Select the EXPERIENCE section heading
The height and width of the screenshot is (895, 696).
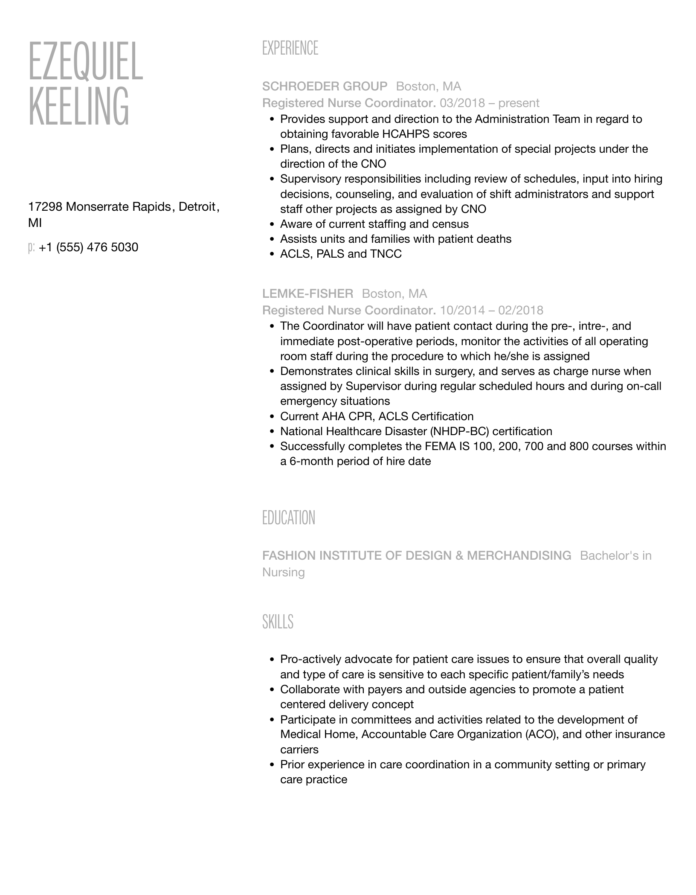(290, 48)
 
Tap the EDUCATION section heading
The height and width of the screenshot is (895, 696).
(289, 518)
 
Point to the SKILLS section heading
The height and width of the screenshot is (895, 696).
(278, 622)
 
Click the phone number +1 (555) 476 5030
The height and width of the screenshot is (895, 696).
(88, 247)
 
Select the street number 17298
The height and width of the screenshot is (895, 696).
(45, 207)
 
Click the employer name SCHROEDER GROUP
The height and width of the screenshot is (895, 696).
(325, 87)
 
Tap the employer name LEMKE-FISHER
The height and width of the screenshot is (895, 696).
(307, 293)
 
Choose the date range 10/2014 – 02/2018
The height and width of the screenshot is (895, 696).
(491, 310)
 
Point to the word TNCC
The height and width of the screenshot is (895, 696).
(386, 254)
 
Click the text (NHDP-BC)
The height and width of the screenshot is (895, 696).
(459, 431)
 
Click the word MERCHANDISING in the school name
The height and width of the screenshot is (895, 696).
(519, 555)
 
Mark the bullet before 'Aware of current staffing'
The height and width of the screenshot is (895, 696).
(272, 224)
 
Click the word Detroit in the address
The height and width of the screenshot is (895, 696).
(197, 207)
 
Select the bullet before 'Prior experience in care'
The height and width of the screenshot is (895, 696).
(272, 765)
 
